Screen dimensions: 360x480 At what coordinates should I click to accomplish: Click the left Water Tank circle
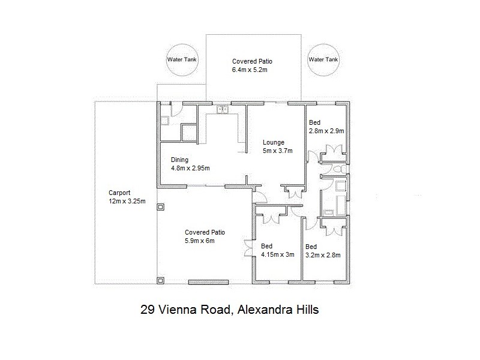182,60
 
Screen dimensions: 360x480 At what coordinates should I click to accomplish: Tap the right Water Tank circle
323,60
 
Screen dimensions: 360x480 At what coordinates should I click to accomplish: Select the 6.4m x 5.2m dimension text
249,70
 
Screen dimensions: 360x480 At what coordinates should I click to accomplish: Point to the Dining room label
180,160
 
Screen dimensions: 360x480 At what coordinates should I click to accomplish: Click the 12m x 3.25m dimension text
127,202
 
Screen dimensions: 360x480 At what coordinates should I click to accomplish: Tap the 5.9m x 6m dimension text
200,241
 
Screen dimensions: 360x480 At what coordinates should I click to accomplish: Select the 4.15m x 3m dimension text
277,254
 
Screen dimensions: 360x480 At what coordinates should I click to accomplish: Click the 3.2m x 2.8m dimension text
323,255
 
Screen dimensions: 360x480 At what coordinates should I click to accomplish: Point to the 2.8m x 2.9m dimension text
326,131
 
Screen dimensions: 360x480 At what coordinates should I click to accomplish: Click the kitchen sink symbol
222,109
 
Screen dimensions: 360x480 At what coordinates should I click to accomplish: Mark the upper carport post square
160,208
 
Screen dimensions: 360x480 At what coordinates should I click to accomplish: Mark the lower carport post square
160,280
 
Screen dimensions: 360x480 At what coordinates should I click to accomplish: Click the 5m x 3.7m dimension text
278,151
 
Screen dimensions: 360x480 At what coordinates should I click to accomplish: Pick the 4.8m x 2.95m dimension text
190,168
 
